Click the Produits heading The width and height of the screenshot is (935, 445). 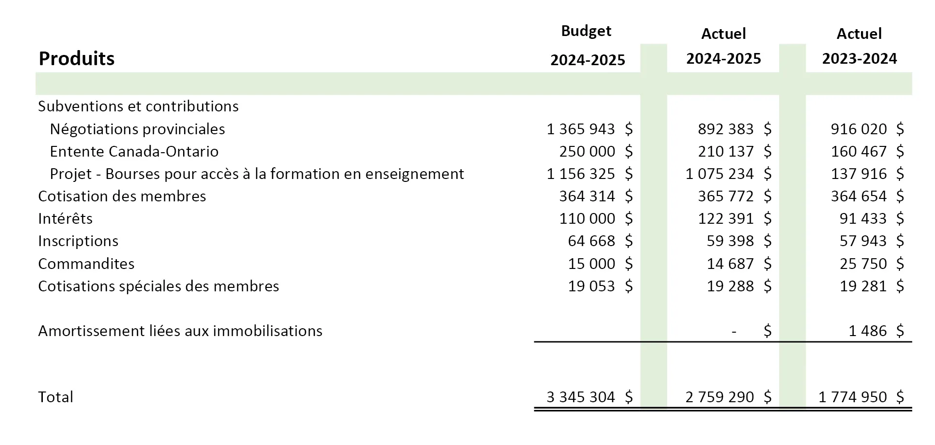[x=76, y=58]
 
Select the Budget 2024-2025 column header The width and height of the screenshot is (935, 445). [x=587, y=45]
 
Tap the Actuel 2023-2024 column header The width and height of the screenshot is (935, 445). [x=860, y=46]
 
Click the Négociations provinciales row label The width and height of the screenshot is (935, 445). [x=137, y=129]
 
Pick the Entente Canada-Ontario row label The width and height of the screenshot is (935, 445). [x=134, y=151]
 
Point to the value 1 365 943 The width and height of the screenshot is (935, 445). [x=580, y=129]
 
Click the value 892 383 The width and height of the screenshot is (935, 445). [x=726, y=129]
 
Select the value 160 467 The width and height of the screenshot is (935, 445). [x=859, y=151]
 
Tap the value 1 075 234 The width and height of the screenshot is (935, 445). [x=720, y=174]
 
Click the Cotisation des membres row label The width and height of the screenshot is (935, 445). [x=122, y=196]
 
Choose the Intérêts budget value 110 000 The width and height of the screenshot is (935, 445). [x=587, y=218]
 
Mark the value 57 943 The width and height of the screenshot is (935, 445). [x=863, y=241]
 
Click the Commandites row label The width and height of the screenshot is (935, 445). [x=86, y=264]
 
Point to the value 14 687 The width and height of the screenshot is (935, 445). [x=730, y=264]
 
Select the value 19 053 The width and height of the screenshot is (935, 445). [x=592, y=286]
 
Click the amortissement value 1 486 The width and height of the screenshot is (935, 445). [x=868, y=331]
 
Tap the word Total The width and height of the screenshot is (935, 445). [x=56, y=397]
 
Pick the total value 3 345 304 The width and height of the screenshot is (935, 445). [x=581, y=397]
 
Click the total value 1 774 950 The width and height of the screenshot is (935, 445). [x=853, y=397]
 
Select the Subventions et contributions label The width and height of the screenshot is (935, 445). [x=138, y=106]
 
